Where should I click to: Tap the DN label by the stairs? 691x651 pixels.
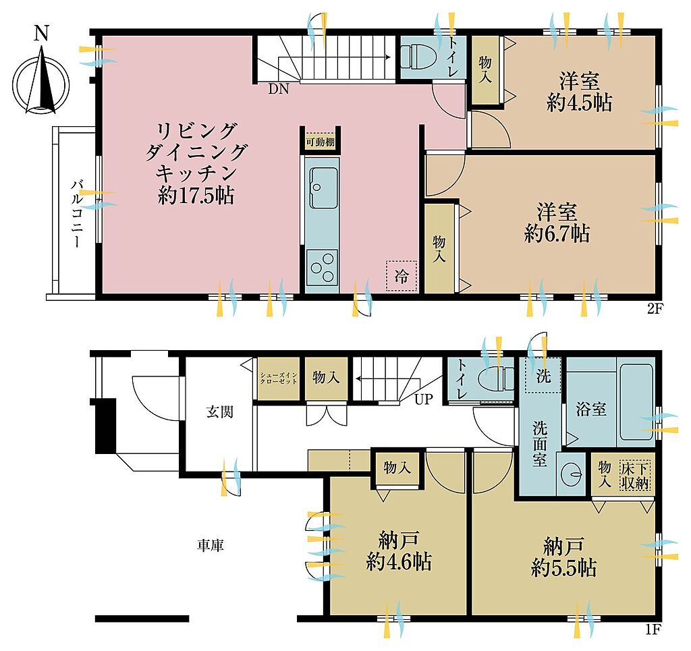click(279, 90)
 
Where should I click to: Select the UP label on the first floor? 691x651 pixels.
click(424, 399)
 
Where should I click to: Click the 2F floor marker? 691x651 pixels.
click(655, 308)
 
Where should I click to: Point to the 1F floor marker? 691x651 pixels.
click(653, 630)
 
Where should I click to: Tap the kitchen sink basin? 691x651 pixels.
click(323, 188)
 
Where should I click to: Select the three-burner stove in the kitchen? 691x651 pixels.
click(322, 267)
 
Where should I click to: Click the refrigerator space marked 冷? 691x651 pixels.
click(401, 276)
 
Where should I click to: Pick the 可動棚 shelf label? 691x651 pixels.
click(321, 142)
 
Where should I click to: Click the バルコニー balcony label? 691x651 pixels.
click(77, 213)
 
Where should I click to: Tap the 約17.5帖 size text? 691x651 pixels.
click(196, 195)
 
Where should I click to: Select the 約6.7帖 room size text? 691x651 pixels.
click(557, 233)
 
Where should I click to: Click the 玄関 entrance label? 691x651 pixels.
click(219, 412)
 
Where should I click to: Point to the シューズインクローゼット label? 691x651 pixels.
click(279, 378)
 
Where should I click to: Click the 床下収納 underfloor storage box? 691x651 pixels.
click(635, 475)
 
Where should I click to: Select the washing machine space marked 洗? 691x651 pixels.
click(543, 376)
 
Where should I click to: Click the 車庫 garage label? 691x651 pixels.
click(211, 546)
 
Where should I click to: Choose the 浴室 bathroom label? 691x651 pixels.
click(591, 409)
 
